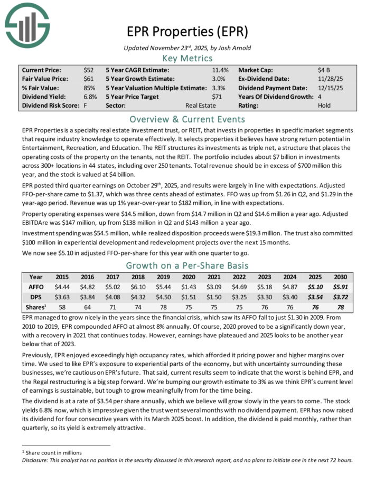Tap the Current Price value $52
(89, 70)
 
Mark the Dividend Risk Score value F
(85, 106)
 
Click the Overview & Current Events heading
(187, 119)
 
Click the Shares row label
(36, 307)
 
